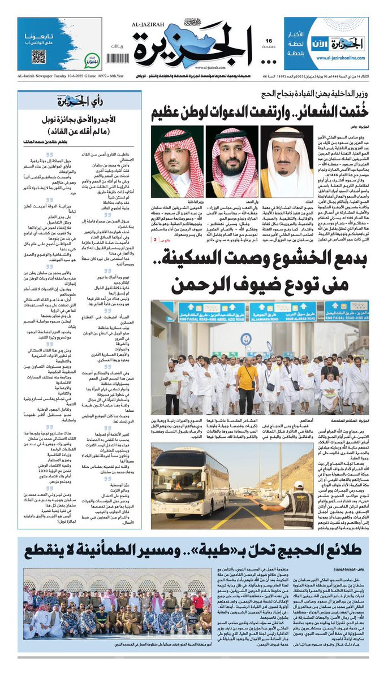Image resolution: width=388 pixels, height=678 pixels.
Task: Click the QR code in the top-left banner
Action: click(38, 56)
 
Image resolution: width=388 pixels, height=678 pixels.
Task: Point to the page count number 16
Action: click(269, 41)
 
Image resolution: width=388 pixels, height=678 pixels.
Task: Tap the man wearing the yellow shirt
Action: click(246, 387)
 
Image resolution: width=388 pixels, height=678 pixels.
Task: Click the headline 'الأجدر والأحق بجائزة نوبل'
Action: click(77, 119)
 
